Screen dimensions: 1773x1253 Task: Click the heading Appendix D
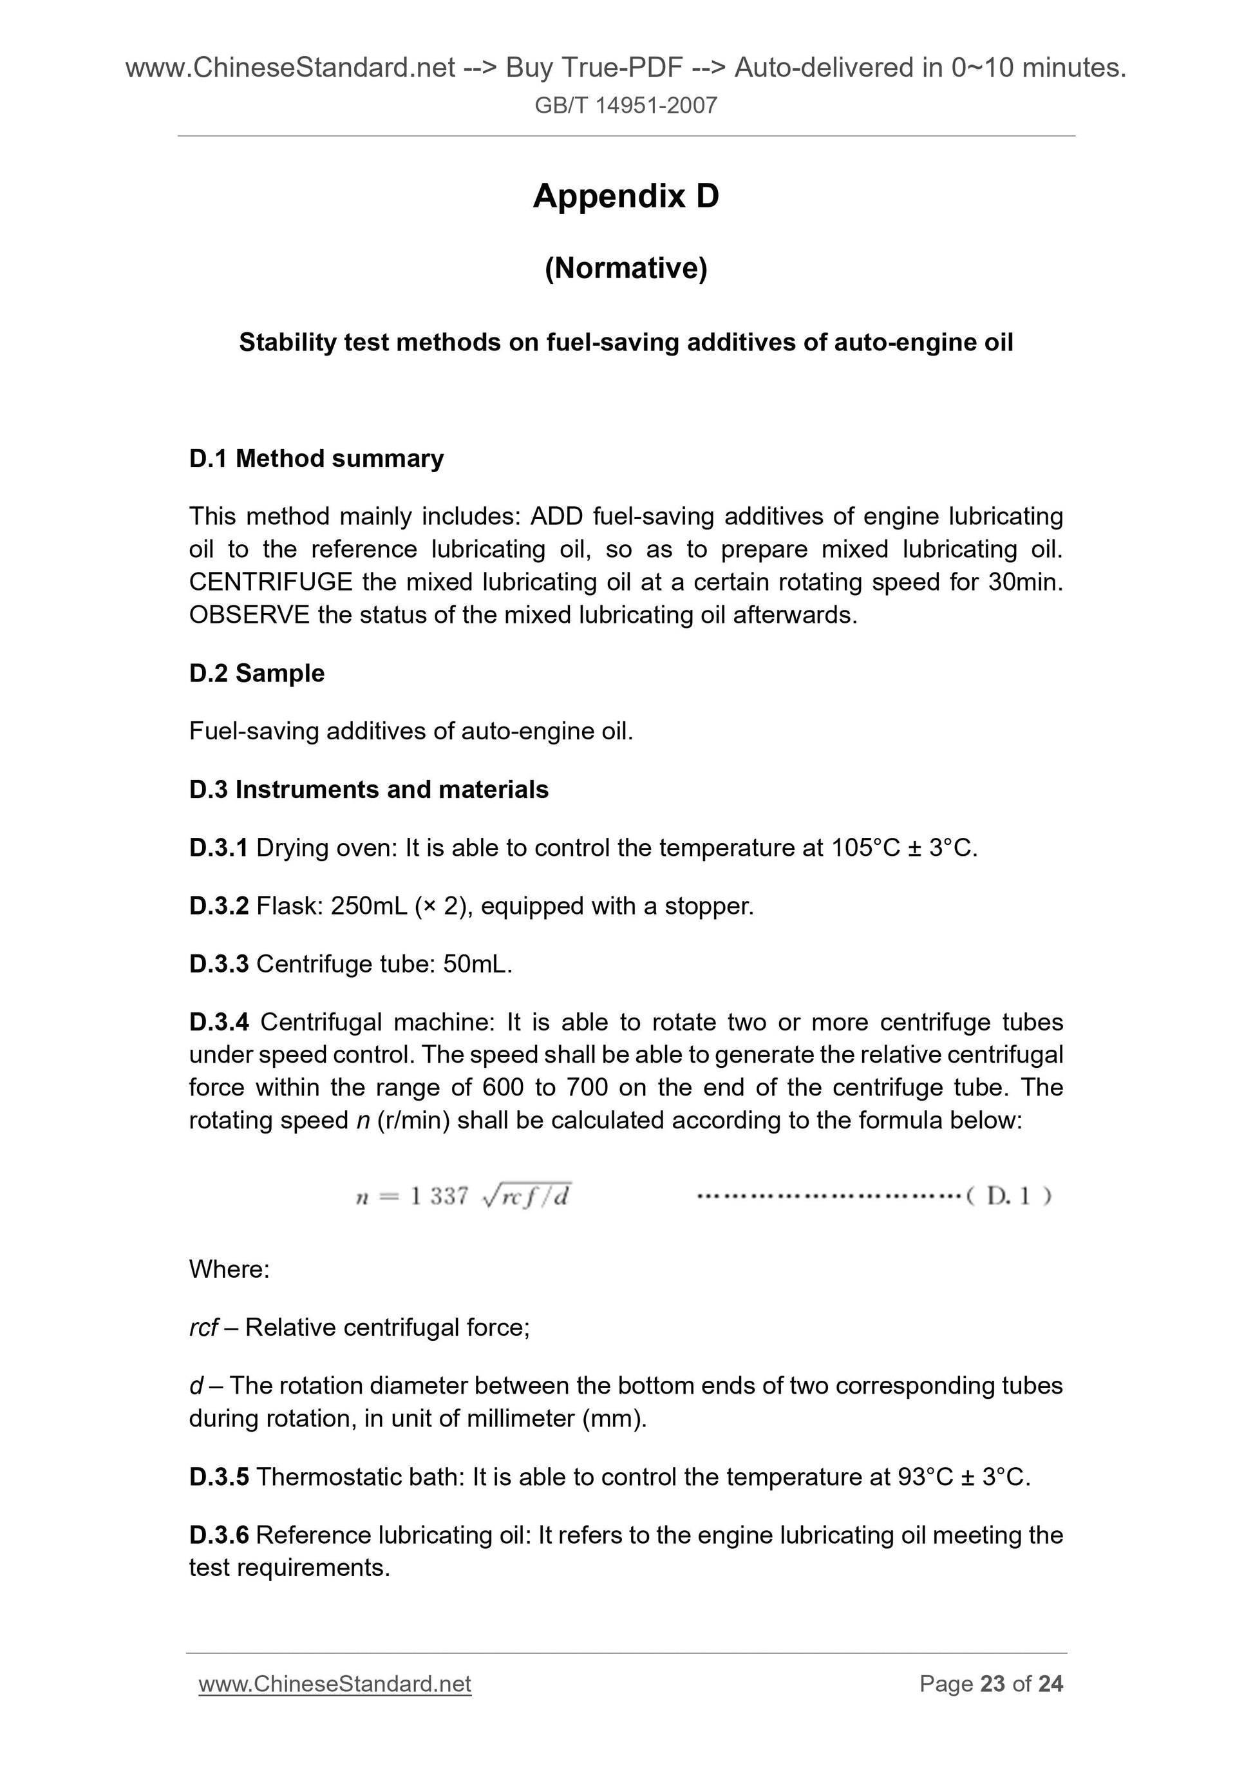[x=625, y=196]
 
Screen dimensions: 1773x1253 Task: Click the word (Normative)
[x=625, y=268]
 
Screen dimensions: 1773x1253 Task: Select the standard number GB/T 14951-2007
[x=625, y=106]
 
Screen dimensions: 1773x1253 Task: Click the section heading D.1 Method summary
[x=317, y=459]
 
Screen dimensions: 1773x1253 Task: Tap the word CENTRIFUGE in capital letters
[x=270, y=582]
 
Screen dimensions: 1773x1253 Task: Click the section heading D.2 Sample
[x=256, y=674]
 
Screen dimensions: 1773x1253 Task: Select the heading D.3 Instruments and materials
[x=368, y=790]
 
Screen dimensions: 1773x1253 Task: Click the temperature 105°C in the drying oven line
[x=865, y=848]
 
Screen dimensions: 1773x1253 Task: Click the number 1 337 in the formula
[x=438, y=1196]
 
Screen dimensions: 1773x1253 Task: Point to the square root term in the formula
[x=527, y=1195]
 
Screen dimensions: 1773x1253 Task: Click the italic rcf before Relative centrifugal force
[x=203, y=1327]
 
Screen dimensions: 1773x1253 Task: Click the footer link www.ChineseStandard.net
[x=334, y=1684]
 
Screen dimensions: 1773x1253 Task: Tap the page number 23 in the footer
[x=992, y=1684]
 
